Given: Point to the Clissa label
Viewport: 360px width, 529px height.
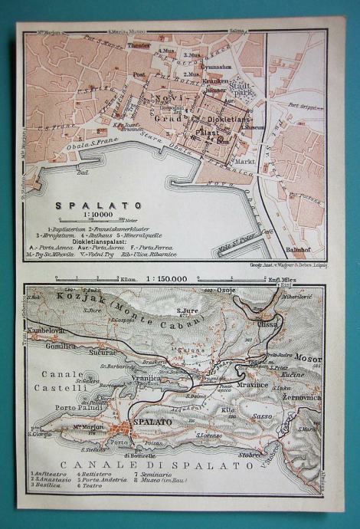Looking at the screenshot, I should point(268,324).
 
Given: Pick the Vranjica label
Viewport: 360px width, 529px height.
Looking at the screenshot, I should point(144,379).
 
